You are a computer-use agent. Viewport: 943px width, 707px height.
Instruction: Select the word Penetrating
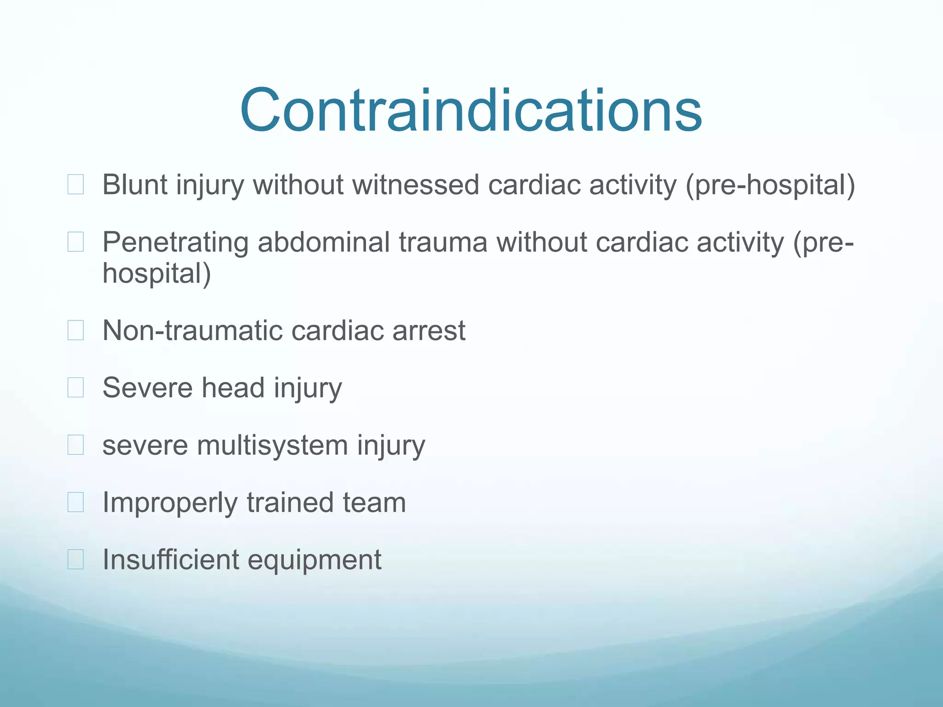tap(175, 243)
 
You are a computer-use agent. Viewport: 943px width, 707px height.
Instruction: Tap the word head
tap(233, 388)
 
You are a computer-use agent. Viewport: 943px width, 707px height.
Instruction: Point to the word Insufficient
tap(170, 560)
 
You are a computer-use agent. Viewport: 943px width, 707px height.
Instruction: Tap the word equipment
tap(315, 561)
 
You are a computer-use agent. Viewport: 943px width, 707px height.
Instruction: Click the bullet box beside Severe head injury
tap(76, 388)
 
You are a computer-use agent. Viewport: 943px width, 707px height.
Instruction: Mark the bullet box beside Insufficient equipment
tap(76, 560)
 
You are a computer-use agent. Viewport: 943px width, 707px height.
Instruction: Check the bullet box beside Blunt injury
tap(76, 185)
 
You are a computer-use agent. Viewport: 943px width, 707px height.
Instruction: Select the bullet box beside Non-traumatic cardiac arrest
tap(76, 330)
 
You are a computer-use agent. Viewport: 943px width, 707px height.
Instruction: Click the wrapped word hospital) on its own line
tap(157, 274)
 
